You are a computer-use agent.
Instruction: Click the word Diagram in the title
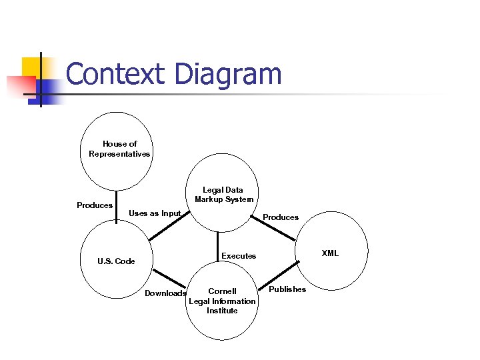228,74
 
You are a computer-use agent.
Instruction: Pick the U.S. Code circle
116,261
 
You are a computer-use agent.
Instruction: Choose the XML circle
331,253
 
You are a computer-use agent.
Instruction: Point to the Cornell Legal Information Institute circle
222,301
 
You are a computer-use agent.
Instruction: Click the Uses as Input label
155,213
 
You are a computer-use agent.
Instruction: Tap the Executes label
239,256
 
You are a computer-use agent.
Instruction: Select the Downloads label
165,293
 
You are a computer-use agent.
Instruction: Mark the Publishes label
287,289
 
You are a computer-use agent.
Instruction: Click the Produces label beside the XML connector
281,217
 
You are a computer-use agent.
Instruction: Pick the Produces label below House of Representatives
95,205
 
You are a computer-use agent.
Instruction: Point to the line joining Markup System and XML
273,227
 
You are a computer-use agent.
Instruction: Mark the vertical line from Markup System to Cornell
218,246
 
